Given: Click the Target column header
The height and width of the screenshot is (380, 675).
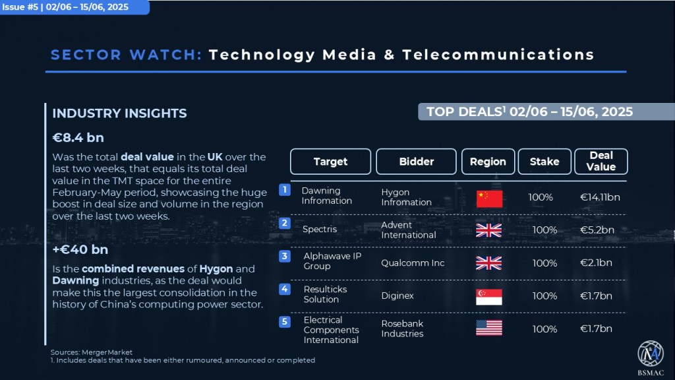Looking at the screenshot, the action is pos(330,162).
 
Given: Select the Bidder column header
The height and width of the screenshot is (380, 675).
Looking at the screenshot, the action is pos(416,162).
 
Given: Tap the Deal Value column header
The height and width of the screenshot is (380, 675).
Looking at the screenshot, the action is pos(601,162).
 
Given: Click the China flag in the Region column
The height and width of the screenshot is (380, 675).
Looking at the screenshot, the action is pos(489,199).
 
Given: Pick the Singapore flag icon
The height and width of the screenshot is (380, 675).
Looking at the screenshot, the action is pos(489,297).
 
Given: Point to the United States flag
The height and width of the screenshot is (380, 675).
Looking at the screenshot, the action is pos(489,328).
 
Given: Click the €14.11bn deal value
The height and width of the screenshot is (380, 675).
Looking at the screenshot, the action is pos(600,197).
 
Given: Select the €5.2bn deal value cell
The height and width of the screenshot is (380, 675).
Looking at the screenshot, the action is pos(597,230).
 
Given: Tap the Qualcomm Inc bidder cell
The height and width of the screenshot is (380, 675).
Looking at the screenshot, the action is pos(413,263).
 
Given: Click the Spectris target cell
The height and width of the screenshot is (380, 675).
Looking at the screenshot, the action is pos(320,229).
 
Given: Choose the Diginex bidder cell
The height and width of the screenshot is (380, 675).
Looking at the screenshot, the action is pos(397,296).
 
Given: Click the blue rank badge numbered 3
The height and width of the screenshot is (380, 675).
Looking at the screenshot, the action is pos(285,257).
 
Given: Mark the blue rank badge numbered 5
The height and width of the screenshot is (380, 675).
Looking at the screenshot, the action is pos(285,322).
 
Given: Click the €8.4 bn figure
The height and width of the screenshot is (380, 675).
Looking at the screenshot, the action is pos(78,137).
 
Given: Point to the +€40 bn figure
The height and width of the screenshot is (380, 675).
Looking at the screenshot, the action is pos(80,249).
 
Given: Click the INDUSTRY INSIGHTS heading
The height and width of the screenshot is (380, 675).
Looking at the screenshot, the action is pos(119,113).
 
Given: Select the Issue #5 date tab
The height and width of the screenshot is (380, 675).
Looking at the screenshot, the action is pos(74,7).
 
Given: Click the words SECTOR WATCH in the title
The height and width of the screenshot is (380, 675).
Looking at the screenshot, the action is pos(126,55).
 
